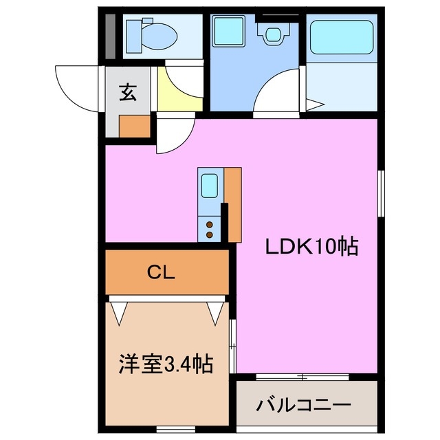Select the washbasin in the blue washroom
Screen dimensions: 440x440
point(272,32)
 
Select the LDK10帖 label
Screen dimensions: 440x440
point(312,246)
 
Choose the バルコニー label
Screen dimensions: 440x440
point(304,404)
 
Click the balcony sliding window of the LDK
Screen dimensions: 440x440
point(302,376)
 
